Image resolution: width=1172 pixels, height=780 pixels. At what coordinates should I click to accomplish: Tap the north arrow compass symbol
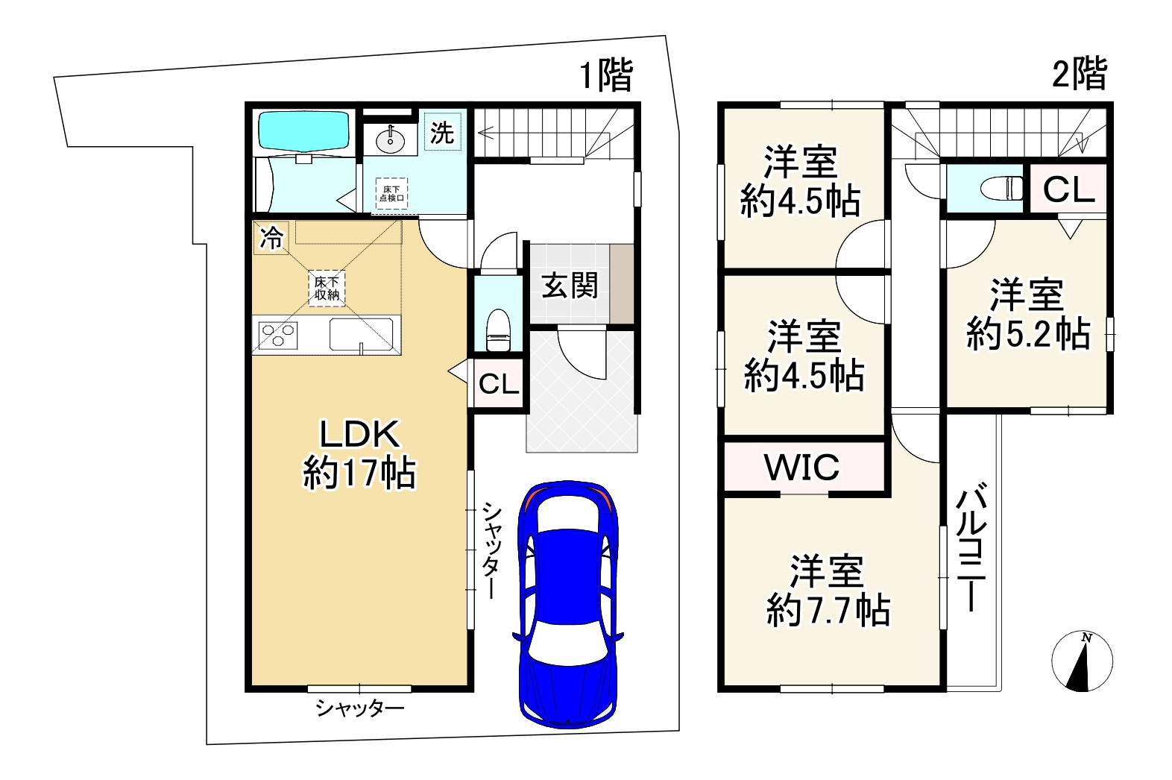click(1082, 661)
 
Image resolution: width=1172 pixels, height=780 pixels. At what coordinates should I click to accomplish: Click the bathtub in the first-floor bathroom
click(303, 130)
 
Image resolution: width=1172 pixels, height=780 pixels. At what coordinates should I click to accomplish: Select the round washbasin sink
click(388, 139)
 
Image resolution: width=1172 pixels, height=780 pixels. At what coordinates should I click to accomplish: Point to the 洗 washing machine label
click(442, 133)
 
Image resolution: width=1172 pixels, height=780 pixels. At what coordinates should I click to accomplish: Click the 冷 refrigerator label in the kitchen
click(271, 238)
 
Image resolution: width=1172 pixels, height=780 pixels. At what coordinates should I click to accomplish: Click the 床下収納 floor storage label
click(327, 289)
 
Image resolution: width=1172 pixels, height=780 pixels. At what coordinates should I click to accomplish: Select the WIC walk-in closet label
click(802, 468)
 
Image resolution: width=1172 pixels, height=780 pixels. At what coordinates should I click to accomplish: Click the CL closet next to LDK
click(499, 384)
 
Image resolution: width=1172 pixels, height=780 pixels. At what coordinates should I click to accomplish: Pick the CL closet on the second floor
click(1068, 190)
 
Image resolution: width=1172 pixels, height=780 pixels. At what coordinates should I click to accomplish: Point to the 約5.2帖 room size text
click(1028, 335)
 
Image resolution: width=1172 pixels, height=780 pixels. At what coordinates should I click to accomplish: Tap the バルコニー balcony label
click(972, 548)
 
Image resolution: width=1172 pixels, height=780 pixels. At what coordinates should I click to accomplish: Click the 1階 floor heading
click(606, 75)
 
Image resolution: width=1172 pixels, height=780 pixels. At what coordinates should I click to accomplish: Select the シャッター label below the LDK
click(360, 708)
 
